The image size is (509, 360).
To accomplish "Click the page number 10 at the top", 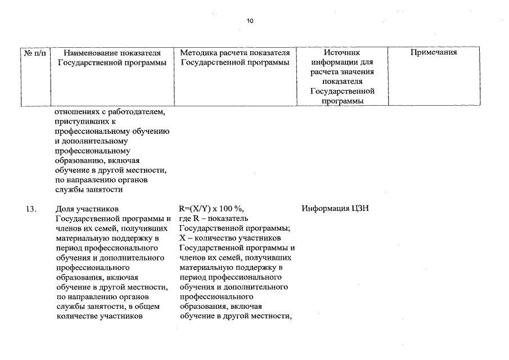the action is pos(250,21).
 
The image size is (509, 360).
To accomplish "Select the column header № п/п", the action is pos(35,53).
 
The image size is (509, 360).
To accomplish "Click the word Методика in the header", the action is pos(199,53).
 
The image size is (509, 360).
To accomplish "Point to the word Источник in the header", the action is pos(341,53).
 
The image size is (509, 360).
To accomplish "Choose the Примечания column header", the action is pos(433,53).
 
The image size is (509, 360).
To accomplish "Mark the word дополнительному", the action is pos(92,141).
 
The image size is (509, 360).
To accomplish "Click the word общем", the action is pos(148,306).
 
